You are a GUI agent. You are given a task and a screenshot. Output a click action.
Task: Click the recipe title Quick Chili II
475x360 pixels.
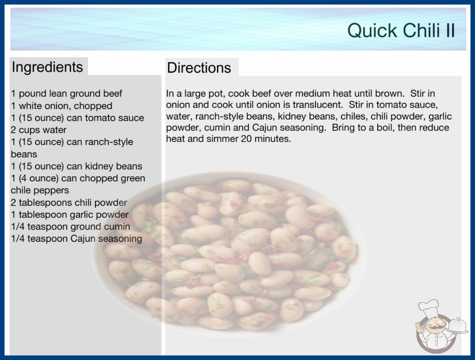click(401, 30)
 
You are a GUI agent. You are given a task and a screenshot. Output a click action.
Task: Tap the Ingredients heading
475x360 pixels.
click(47, 67)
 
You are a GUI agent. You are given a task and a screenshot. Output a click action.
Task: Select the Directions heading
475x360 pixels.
click(199, 68)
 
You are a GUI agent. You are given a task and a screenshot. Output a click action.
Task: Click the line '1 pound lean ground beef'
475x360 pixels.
click(67, 94)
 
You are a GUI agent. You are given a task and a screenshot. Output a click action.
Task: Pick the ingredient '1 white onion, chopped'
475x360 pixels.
click(62, 105)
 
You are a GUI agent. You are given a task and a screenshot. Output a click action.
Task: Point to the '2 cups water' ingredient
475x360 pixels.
click(39, 130)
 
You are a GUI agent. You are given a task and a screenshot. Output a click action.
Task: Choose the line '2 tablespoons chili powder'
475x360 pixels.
click(69, 202)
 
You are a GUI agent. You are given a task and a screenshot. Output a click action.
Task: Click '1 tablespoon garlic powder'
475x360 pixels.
click(70, 215)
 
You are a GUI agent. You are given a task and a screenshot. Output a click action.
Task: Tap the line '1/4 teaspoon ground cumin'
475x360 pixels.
click(70, 226)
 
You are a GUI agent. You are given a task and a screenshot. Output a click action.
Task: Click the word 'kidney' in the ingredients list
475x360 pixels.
click(100, 166)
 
